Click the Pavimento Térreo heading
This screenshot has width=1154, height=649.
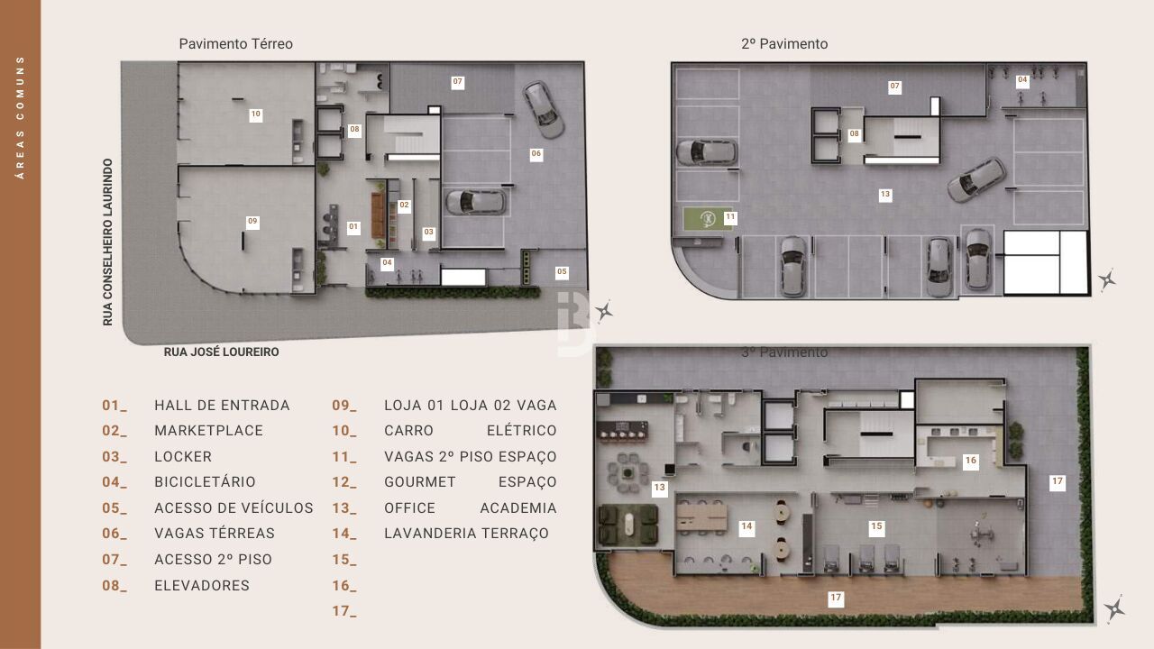pos(235,43)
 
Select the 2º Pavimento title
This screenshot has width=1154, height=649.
pos(783,43)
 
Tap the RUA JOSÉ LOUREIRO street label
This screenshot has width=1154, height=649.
pos(221,352)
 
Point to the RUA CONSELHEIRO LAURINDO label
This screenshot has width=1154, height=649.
pos(108,242)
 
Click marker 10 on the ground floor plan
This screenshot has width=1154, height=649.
pos(256,114)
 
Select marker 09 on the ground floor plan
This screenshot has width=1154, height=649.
pos(252,222)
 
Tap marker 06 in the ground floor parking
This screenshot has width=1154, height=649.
pos(536,154)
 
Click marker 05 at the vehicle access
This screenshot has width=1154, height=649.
pos(562,271)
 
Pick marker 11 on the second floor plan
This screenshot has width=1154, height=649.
pos(730,217)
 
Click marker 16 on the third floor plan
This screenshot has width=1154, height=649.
pos(970,461)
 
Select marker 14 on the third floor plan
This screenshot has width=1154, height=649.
pos(746,527)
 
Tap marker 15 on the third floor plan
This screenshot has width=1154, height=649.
pos(875,526)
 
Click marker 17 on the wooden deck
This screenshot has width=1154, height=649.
pos(836,598)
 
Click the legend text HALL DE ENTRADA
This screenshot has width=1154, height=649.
pos(222,406)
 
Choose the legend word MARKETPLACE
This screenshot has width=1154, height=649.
pos(208,431)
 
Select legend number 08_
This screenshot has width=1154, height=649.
pos(114,586)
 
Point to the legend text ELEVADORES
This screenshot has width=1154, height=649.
pos(202,586)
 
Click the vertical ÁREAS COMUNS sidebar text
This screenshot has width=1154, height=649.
pos(20,117)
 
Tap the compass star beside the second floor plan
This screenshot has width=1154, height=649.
pos(1107,279)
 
